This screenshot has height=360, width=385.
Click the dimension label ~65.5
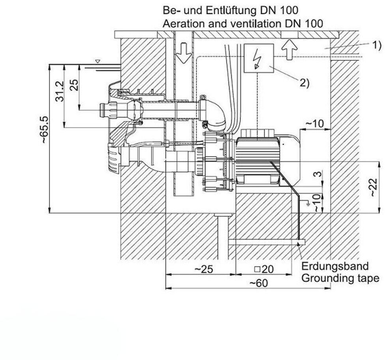(45, 129)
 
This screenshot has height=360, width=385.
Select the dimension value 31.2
(60, 91)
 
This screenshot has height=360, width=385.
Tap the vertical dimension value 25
(75, 85)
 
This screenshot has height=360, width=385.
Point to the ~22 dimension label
(374, 187)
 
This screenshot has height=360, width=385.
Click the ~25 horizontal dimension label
(204, 269)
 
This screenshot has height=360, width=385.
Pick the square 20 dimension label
(264, 269)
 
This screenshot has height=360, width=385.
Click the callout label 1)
(377, 45)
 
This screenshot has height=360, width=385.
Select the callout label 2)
(305, 83)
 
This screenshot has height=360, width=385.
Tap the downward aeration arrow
(184, 53)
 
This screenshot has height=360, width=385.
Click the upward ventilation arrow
(290, 49)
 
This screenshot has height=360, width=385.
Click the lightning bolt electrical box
(259, 58)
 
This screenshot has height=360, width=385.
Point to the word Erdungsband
(335, 266)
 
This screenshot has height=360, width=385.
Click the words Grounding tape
(340, 278)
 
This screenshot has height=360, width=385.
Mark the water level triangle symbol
(98, 61)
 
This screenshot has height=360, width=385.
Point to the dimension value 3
(318, 174)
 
